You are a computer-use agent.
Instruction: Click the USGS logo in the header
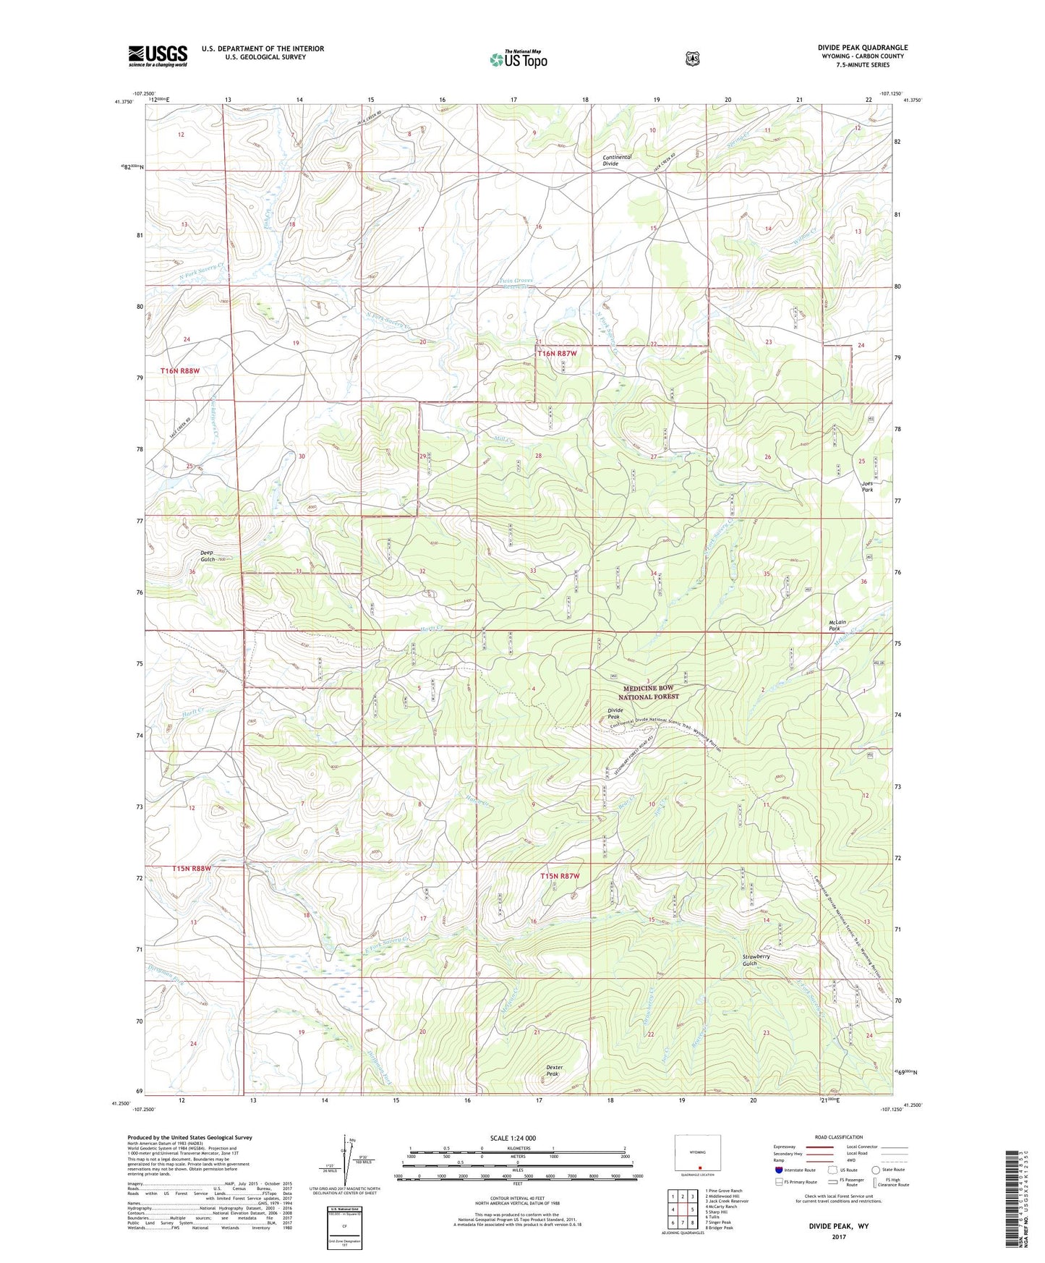[x=158, y=56]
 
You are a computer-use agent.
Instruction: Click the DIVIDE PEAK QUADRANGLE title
[x=862, y=48]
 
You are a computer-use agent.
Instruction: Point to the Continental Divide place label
[x=618, y=161]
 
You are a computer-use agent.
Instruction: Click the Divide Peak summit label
[x=615, y=713]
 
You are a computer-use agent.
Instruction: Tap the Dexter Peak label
[x=554, y=1071]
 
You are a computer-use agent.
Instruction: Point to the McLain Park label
[x=838, y=626]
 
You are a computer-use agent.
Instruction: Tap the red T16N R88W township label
[x=179, y=371]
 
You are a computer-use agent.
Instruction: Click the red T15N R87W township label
[x=560, y=876]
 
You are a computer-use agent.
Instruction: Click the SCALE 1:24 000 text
[x=513, y=1138]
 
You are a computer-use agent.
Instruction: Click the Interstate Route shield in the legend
[x=778, y=1169]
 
